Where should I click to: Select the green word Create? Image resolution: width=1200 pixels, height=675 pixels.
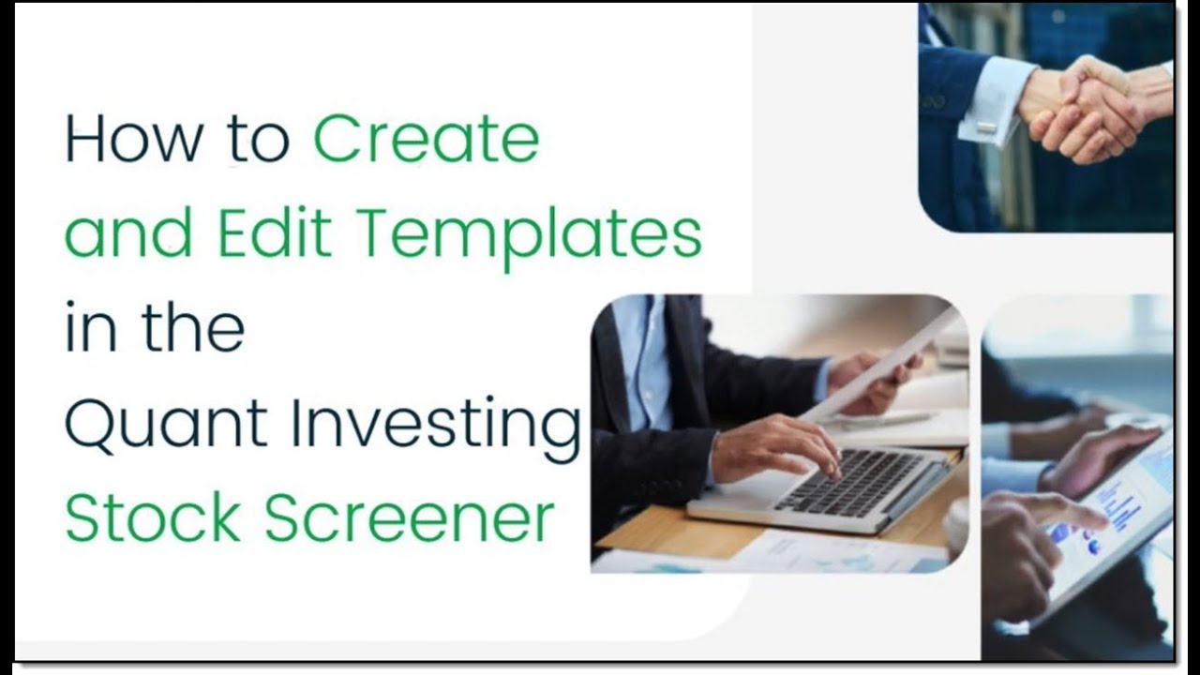coord(427,139)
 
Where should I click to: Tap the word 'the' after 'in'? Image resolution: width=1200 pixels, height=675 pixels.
coord(192,327)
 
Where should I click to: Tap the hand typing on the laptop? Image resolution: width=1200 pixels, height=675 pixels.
coord(778,448)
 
